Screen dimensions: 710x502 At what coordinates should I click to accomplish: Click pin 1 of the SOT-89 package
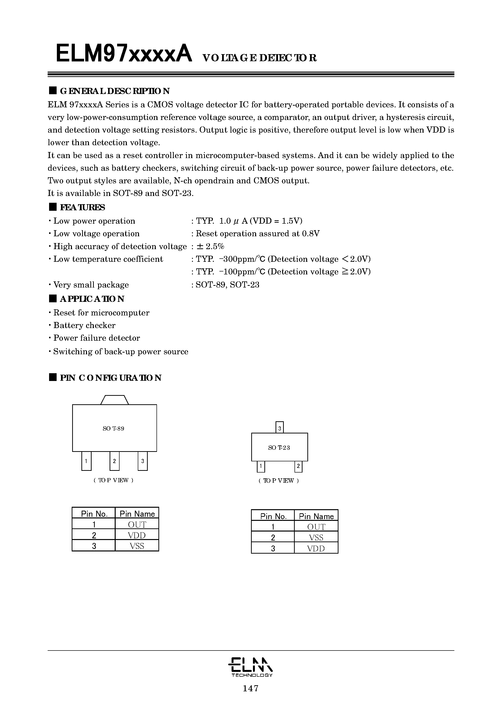pos(86,461)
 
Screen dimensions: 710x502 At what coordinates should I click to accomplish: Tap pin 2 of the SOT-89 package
pos(114,461)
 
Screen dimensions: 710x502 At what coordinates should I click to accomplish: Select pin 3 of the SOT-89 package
pos(143,461)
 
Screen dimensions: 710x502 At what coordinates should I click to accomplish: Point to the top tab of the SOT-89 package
pos(114,400)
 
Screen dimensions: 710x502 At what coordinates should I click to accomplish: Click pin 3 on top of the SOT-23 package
pos(279,428)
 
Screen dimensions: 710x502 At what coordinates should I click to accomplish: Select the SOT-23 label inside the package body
pos(279,448)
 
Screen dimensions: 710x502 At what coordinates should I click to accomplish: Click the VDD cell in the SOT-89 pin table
pos(137,535)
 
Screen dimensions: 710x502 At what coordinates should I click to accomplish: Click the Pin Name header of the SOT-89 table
pos(137,514)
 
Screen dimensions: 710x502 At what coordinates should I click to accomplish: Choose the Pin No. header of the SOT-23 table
pos(273,516)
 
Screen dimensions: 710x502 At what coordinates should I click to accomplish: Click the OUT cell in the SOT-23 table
pos(316,527)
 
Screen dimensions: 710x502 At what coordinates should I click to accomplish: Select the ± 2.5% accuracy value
pos(210,246)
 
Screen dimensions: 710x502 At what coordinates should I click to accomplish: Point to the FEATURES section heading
pos(82,207)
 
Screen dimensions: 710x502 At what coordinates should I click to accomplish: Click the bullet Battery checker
pos(84,325)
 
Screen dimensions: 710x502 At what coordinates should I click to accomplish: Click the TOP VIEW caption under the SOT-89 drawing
pos(113,480)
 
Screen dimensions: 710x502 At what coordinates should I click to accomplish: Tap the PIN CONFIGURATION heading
pos(110,378)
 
